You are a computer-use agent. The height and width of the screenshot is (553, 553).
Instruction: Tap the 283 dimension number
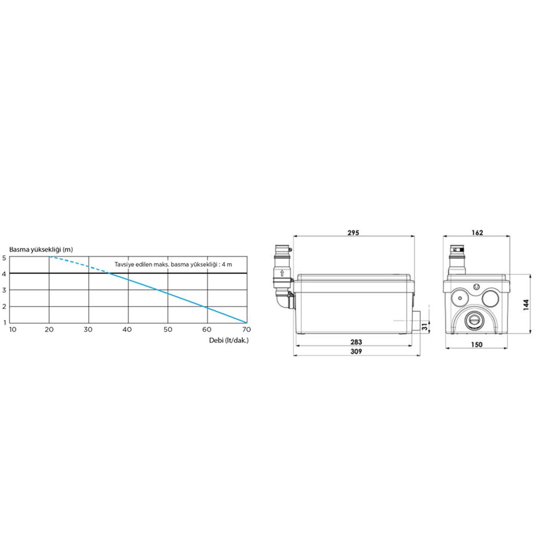(x=356, y=342)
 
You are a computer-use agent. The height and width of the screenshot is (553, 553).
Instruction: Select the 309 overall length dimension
(x=356, y=351)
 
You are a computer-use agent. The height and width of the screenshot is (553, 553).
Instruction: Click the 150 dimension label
(x=477, y=345)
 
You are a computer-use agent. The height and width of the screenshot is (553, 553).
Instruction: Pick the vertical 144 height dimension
(x=526, y=305)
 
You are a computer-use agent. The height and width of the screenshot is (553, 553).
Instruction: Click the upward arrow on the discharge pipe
(x=282, y=273)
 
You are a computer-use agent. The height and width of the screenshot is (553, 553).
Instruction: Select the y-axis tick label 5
(x=4, y=258)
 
